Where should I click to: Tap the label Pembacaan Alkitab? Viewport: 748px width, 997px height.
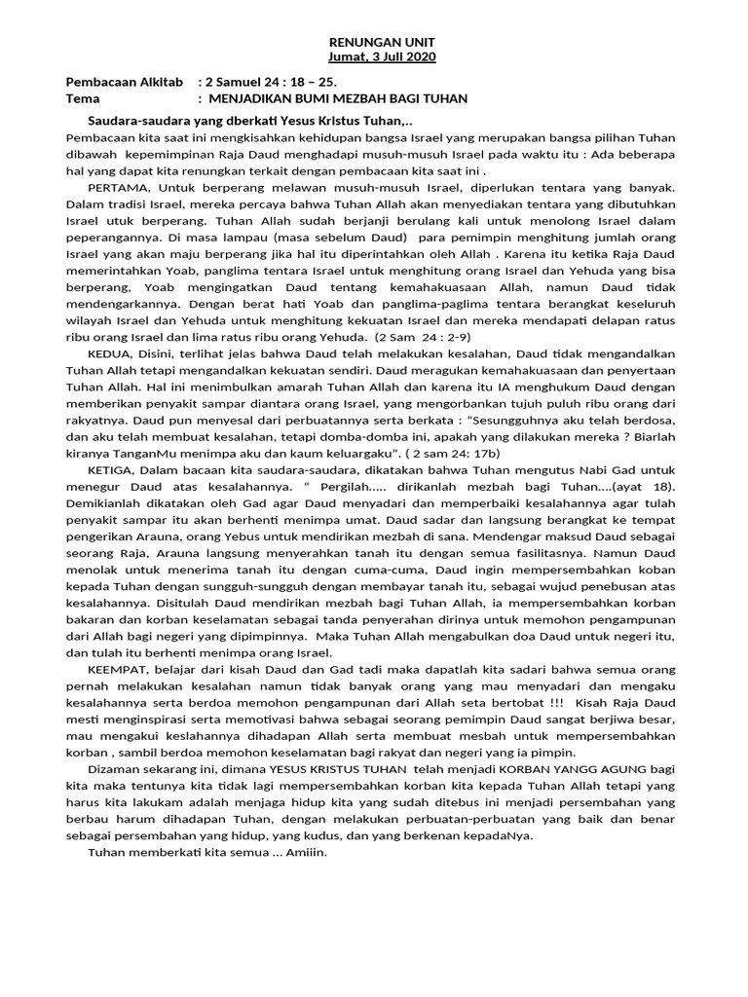[124, 83]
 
